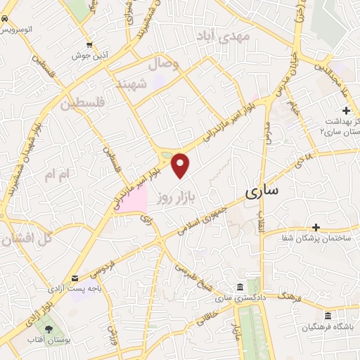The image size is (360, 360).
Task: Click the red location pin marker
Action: click(x=181, y=165)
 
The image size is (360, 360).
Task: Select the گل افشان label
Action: click(x=27, y=239)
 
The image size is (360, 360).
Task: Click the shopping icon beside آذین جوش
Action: click(x=89, y=43)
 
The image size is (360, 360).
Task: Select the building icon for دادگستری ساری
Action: click(x=240, y=288)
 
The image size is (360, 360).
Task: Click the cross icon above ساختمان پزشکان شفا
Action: click(x=316, y=227)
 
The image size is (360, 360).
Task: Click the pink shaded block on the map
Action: click(x=132, y=201)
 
